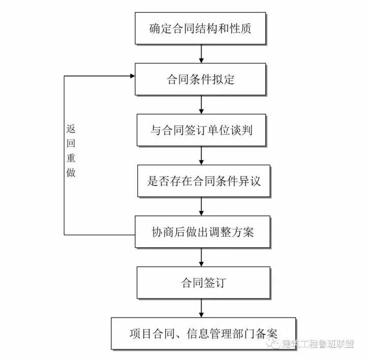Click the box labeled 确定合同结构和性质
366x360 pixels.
[200, 28]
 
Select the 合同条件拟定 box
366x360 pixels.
[200, 79]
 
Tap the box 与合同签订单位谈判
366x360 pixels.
[201, 130]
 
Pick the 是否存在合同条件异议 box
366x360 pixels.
[203, 181]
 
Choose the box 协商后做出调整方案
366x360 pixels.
[202, 232]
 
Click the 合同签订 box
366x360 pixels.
[203, 283]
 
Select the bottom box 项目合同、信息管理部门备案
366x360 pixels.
[203, 334]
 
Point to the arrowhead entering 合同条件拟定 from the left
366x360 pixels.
[132, 76]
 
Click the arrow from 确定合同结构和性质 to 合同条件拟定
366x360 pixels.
[201, 54]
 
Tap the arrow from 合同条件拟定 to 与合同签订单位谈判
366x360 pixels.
[201, 105]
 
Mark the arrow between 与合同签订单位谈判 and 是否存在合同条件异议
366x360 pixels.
[201, 155]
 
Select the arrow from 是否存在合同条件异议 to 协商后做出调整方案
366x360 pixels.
[201, 206]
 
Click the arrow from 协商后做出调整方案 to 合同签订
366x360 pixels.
[201, 257]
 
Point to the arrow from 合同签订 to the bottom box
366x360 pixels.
[201, 308]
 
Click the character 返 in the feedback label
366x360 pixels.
[71, 128]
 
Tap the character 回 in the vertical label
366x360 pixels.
[71, 143]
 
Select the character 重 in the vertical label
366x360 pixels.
[71, 158]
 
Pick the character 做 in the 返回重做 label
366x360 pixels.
[71, 173]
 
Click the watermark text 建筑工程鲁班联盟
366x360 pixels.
[318, 344]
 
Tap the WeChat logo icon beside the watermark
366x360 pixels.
[273, 343]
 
